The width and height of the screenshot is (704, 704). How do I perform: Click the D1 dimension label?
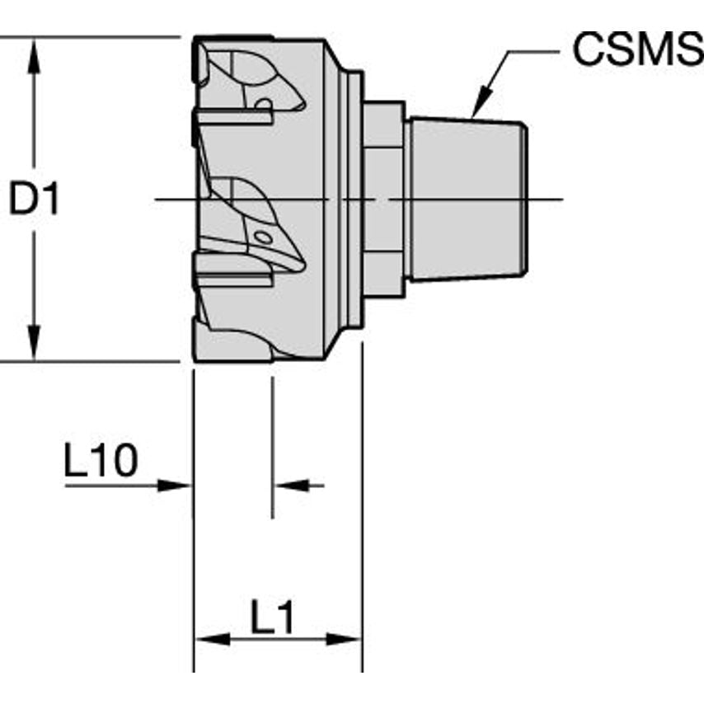pyautogui.click(x=35, y=199)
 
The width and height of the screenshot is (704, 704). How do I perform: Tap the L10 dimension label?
pyautogui.click(x=101, y=462)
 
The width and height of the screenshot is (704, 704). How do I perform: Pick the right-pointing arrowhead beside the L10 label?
pyautogui.click(x=178, y=486)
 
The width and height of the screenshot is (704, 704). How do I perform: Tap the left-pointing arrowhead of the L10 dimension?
pyautogui.click(x=287, y=486)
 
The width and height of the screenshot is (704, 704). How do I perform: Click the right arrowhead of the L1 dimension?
pyautogui.click(x=346, y=640)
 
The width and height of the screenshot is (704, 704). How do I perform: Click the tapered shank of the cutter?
pyautogui.click(x=467, y=198)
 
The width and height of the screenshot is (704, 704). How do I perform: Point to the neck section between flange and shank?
pyautogui.click(x=383, y=198)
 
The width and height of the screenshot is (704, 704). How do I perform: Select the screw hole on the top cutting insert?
pyautogui.click(x=263, y=104)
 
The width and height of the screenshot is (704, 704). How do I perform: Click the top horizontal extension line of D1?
pyautogui.click(x=91, y=36)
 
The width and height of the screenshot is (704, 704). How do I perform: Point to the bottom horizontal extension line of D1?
pyautogui.click(x=91, y=361)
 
